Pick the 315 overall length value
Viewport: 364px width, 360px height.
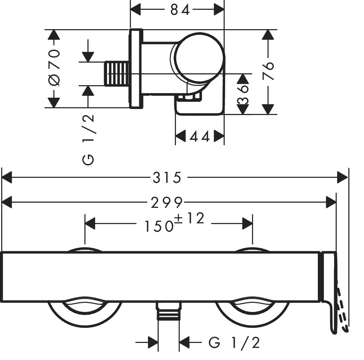tap(167, 178)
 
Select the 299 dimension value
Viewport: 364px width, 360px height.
tap(167, 203)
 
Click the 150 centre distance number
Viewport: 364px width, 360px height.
tap(158, 226)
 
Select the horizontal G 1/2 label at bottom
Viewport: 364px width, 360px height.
tap(234, 343)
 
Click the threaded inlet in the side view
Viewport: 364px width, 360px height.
tap(117, 73)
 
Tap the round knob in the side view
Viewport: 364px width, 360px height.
tap(198, 57)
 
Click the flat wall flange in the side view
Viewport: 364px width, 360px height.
tap(136, 69)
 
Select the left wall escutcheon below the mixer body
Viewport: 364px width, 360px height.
tap(85, 310)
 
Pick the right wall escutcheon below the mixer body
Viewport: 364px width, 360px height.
tap(252, 310)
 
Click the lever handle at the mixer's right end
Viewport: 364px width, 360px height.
tap(329, 291)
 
